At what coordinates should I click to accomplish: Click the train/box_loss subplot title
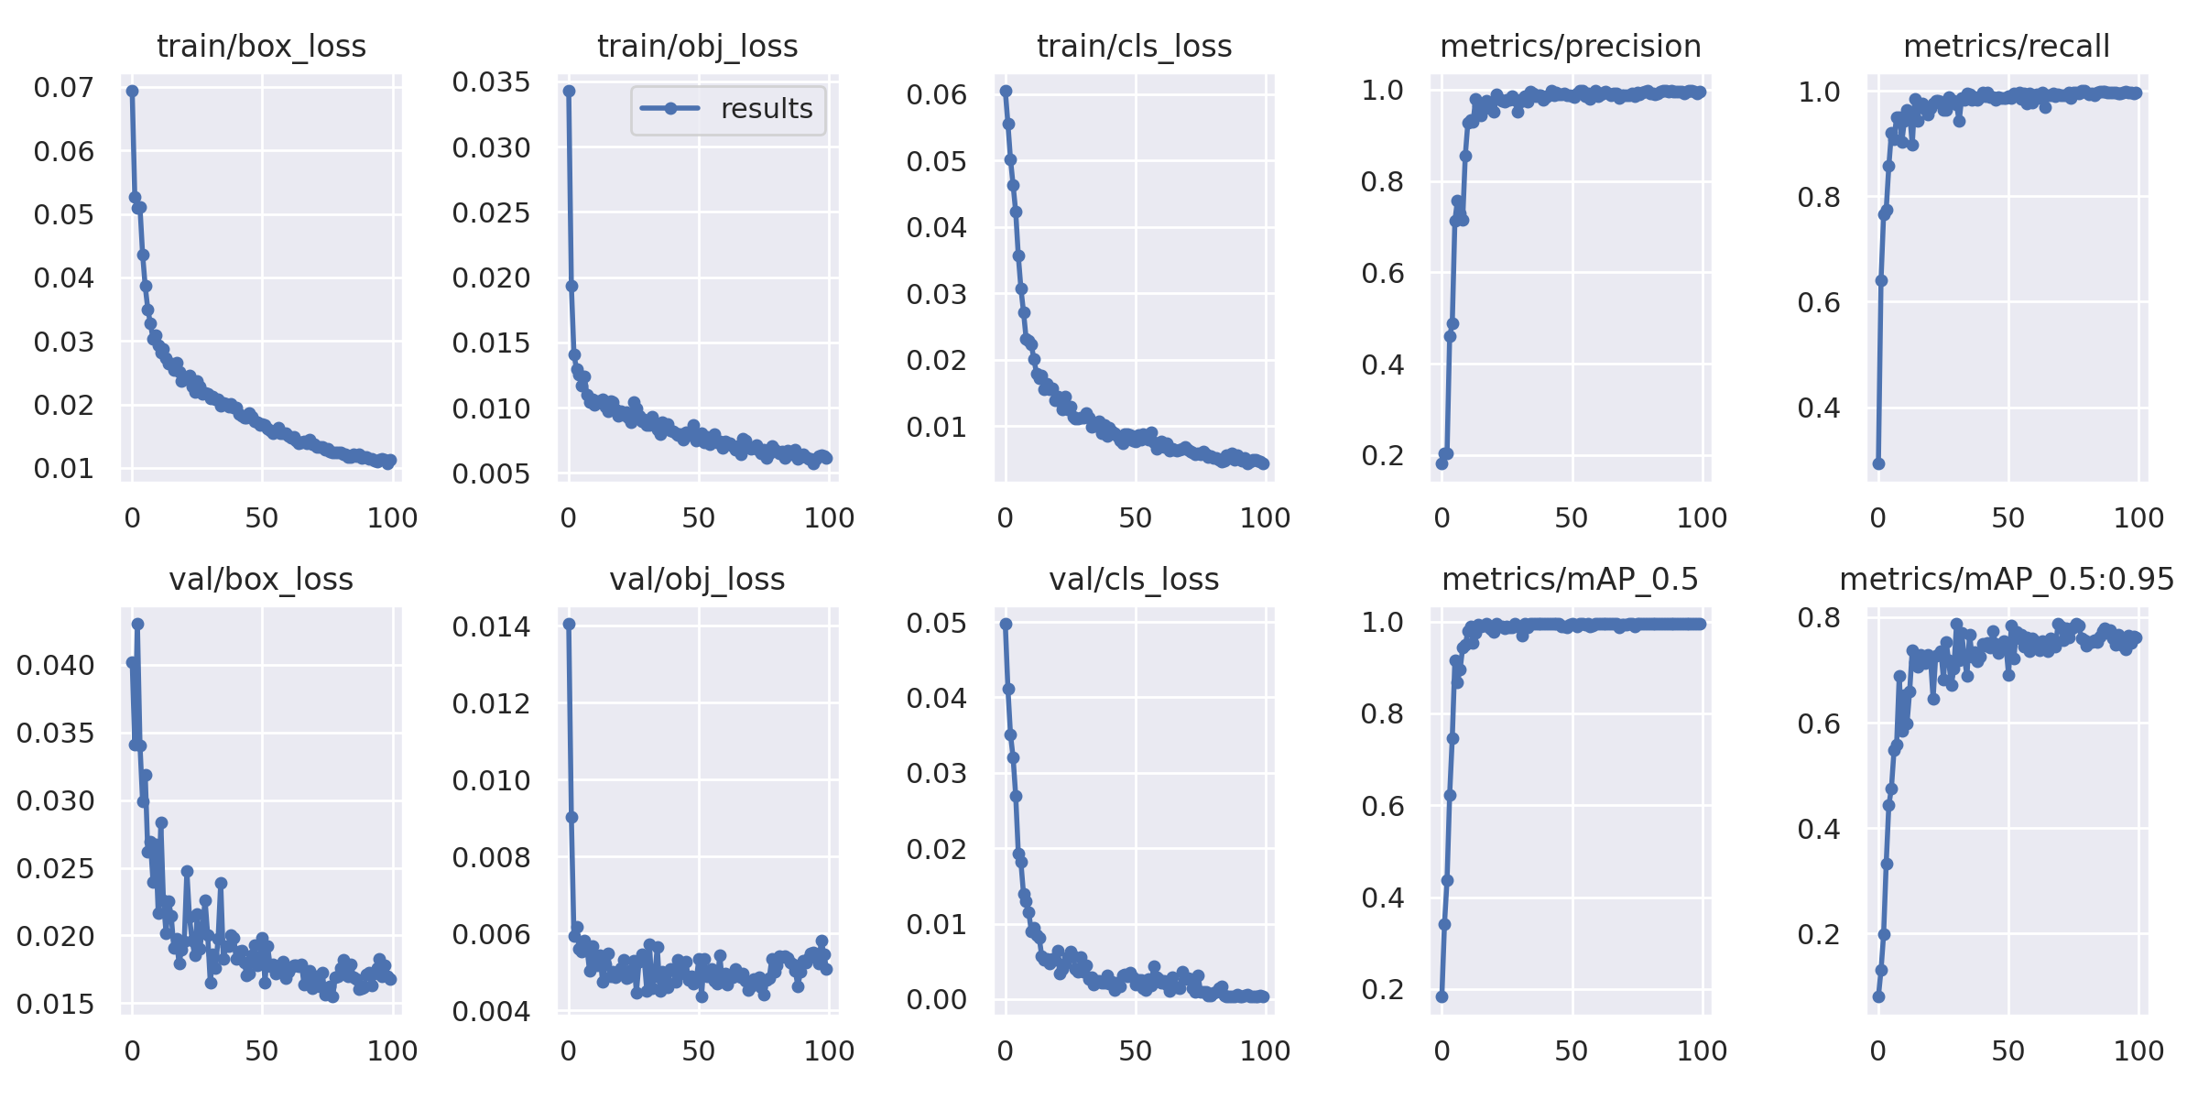point(261,46)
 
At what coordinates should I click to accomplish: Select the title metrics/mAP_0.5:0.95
point(2007,579)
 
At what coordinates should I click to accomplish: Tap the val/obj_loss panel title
point(697,579)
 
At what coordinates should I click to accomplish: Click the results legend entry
point(728,109)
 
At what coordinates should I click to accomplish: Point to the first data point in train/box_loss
point(132,91)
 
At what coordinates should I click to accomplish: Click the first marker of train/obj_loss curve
point(569,91)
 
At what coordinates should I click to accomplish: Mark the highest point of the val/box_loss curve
point(137,624)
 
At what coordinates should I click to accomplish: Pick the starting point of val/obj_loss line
point(569,624)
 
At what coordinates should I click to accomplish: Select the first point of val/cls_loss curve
point(1006,624)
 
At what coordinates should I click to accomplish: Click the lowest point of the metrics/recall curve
point(1878,463)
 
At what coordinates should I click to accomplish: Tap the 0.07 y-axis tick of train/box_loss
point(63,88)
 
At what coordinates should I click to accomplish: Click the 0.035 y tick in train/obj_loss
point(491,82)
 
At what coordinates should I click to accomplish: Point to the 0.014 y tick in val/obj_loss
point(491,627)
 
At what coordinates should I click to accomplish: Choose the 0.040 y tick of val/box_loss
point(55,666)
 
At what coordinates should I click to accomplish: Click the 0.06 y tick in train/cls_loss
point(937,94)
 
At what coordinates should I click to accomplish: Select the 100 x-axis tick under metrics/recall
point(2138,518)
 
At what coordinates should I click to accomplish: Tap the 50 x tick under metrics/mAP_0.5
point(1572,1051)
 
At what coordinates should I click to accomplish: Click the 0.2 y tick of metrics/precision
point(1382,456)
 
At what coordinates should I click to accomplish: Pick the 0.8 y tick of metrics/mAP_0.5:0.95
point(1819,618)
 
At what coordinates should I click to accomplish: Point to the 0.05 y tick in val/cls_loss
point(937,624)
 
